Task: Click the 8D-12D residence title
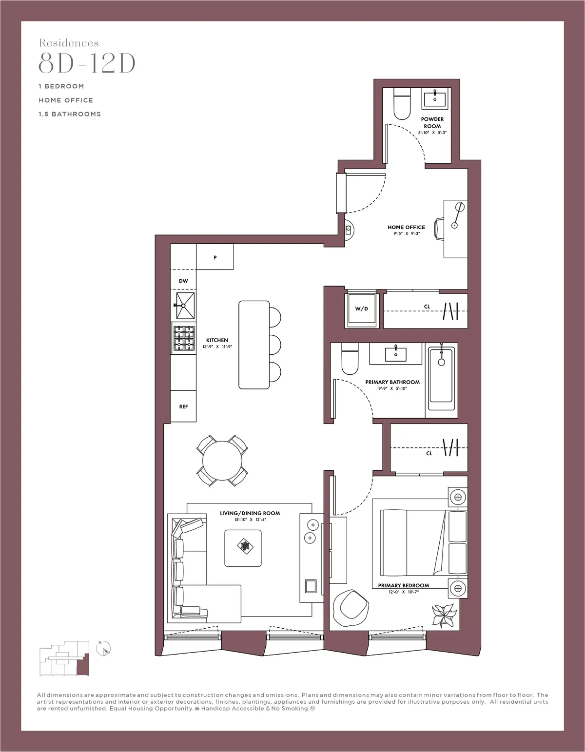tap(87, 63)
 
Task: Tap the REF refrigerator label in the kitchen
tap(183, 406)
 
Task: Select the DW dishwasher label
tap(183, 281)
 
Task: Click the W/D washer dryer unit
tap(361, 309)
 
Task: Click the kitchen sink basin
tap(185, 305)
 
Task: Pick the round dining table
tap(222, 461)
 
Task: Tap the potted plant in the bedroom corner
tap(444, 615)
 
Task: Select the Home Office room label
tap(406, 227)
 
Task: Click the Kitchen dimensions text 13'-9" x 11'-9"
tap(217, 347)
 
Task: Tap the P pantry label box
tap(214, 257)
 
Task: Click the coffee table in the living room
tap(243, 548)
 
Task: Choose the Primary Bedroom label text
tap(403, 585)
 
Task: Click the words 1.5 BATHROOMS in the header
tap(70, 114)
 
